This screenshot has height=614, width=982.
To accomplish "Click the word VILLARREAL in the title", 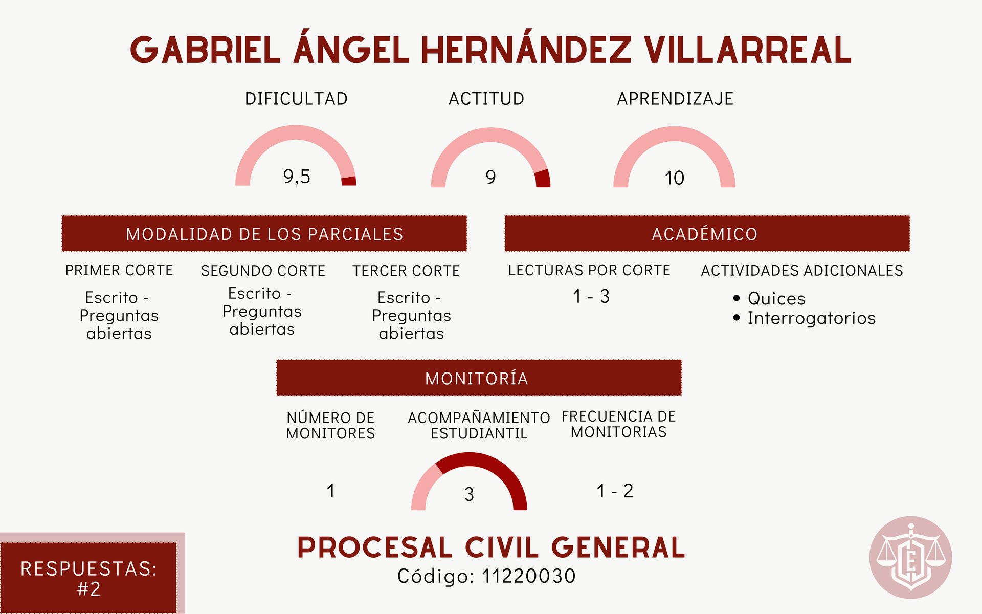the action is [x=747, y=50].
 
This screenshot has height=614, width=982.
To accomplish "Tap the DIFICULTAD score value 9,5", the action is [x=297, y=177].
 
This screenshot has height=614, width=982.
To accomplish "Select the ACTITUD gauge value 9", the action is [x=490, y=177].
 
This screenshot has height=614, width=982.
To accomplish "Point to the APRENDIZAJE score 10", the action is [x=674, y=178].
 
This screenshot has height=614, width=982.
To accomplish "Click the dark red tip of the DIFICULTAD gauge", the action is [x=349, y=181].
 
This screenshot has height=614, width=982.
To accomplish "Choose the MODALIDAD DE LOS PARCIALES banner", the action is [x=264, y=233].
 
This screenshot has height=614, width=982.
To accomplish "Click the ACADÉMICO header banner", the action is [x=707, y=233].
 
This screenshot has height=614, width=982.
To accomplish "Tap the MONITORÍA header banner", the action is [x=479, y=378].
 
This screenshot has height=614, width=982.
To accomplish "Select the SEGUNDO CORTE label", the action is [x=263, y=271].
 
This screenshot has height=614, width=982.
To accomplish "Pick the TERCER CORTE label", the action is [x=406, y=271].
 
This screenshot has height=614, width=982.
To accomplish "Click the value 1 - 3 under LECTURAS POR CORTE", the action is [x=591, y=296].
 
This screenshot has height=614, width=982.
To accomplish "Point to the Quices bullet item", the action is [x=769, y=298].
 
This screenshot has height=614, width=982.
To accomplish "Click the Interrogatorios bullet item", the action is [x=805, y=318].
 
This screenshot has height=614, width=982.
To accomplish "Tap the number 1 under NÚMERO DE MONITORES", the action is [x=331, y=491].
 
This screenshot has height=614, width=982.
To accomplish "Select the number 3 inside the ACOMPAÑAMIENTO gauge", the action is [x=469, y=494].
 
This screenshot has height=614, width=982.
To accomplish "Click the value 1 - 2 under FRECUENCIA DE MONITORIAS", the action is [x=615, y=491].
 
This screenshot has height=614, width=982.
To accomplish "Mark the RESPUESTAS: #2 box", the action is [x=88, y=578].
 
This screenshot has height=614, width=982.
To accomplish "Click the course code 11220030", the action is [x=529, y=576].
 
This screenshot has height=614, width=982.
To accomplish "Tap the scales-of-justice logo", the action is [x=910, y=557].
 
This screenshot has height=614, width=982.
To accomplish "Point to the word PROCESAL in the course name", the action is [x=375, y=547].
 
